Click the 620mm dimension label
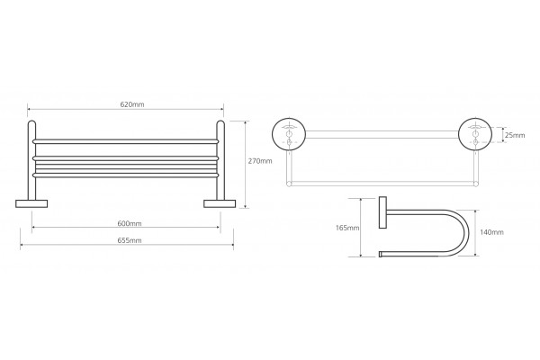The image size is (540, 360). (132, 104)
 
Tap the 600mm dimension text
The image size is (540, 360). (130, 223)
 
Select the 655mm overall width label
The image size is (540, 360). (130, 240)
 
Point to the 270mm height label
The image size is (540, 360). (260, 161)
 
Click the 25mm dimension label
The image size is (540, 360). (515, 135)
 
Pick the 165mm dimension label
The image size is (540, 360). (347, 228)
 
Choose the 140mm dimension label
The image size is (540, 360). (491, 232)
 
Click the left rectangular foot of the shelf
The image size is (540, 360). (31, 203)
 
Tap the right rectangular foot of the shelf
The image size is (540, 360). (220, 203)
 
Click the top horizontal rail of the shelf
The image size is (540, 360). (126, 141)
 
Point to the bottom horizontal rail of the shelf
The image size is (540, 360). (126, 175)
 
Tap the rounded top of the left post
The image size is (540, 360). (31, 123)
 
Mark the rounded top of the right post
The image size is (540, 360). (220, 123)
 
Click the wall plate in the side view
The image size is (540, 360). (382, 212)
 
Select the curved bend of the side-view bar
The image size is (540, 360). (468, 233)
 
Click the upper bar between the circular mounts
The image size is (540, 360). (382, 134)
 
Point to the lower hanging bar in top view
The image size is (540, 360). (382, 184)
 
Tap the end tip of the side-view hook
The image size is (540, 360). (381, 254)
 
